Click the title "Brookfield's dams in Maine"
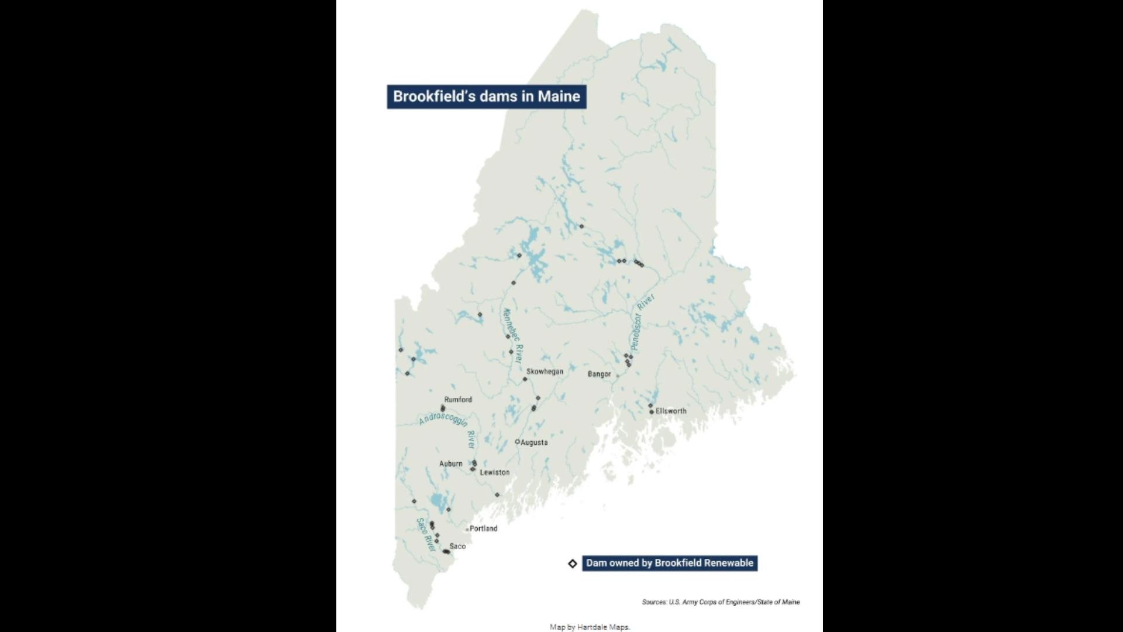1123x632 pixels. coord(486,97)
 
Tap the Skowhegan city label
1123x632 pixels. coord(545,372)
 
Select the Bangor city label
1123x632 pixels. coord(599,374)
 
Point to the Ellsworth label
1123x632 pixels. coord(671,411)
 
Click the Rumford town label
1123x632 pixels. coord(458,400)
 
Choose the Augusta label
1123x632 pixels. coord(534,442)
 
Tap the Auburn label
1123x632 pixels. coord(450,463)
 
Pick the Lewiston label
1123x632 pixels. coord(494,472)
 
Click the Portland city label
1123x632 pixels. coord(483,528)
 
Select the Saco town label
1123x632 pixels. coord(457,546)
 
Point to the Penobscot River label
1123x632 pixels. coord(643,322)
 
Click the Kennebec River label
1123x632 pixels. coord(513,335)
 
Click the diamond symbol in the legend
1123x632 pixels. coord(573,564)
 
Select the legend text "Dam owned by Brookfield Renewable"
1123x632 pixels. coord(670,563)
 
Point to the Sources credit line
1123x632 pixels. coord(721,602)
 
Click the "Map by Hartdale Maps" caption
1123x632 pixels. coord(590,627)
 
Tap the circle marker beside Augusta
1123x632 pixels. coord(517,442)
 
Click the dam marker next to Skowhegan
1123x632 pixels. coord(525,379)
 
